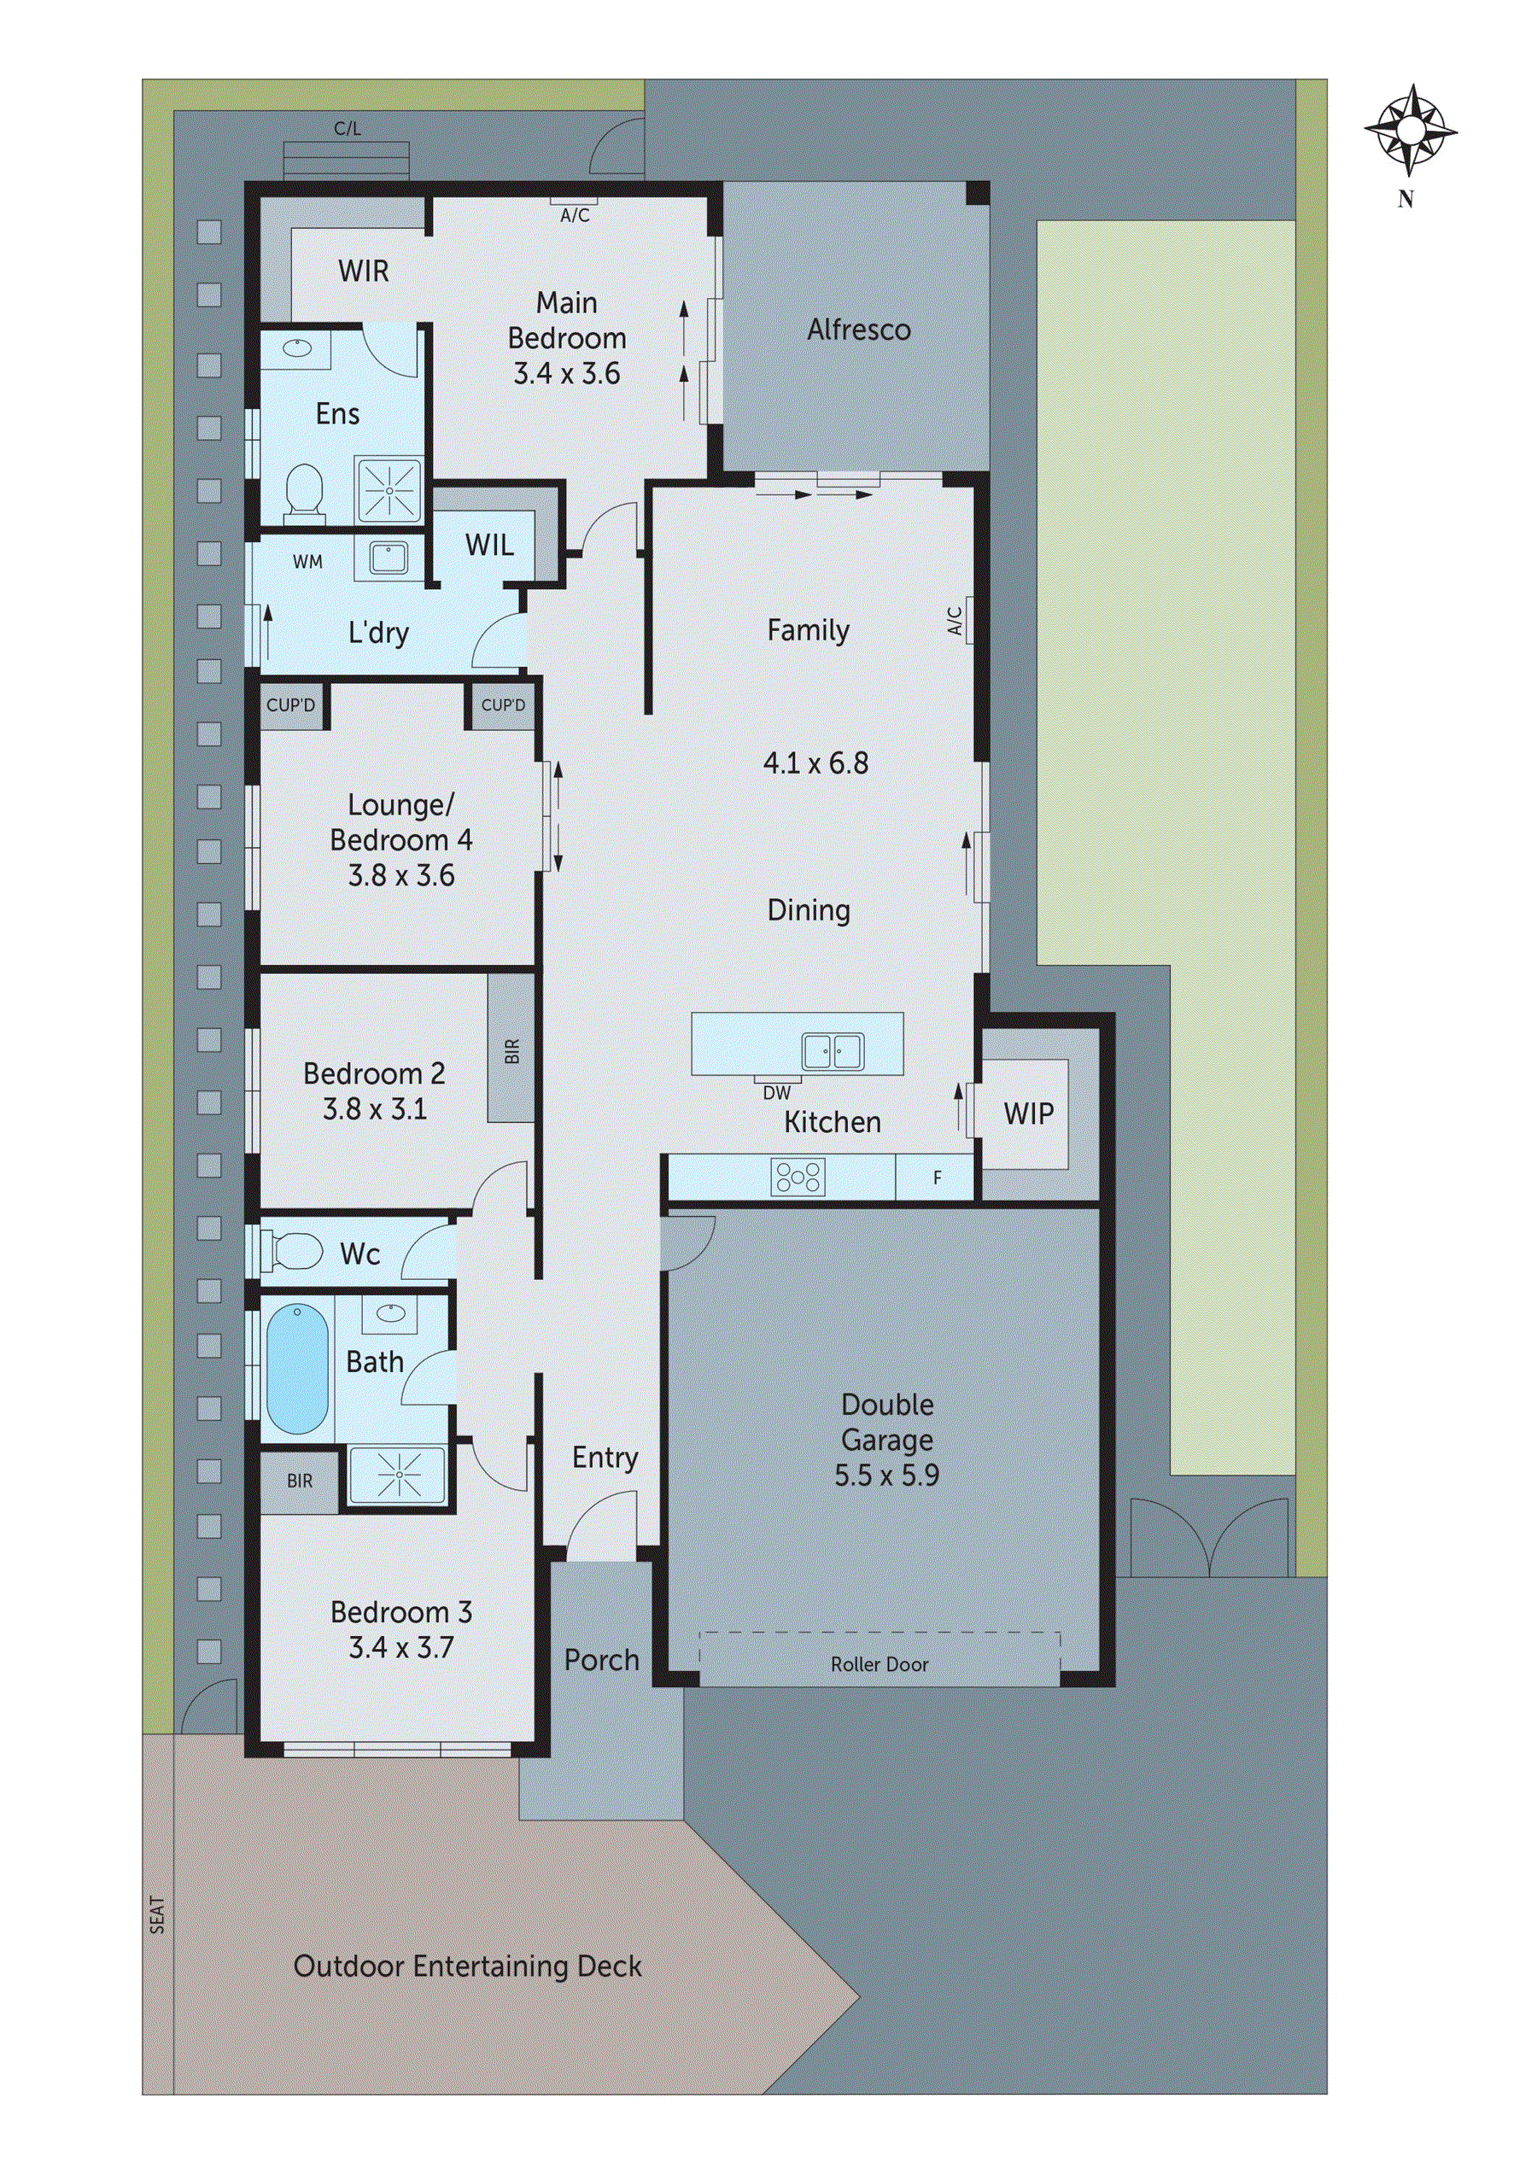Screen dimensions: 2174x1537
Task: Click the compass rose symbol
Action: [1410, 130]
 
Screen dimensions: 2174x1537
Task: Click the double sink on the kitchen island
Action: [833, 1050]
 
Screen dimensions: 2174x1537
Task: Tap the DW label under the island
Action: [775, 1093]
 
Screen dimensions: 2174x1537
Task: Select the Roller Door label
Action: [879, 1664]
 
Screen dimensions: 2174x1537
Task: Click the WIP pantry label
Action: [1028, 1113]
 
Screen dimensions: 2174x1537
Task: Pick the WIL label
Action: [489, 546]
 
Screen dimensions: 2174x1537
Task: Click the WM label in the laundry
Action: [307, 562]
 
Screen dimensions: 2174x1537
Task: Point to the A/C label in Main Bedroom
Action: [575, 216]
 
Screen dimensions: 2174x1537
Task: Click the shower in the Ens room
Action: [389, 490]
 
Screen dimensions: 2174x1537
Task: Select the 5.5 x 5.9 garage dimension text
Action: [886, 1476]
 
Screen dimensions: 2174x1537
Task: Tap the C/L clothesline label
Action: [348, 129]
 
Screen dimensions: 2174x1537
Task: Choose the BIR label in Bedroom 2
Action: [512, 1050]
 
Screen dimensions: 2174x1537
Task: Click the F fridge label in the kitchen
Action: [937, 1178]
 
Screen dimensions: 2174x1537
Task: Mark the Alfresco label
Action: [858, 330]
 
